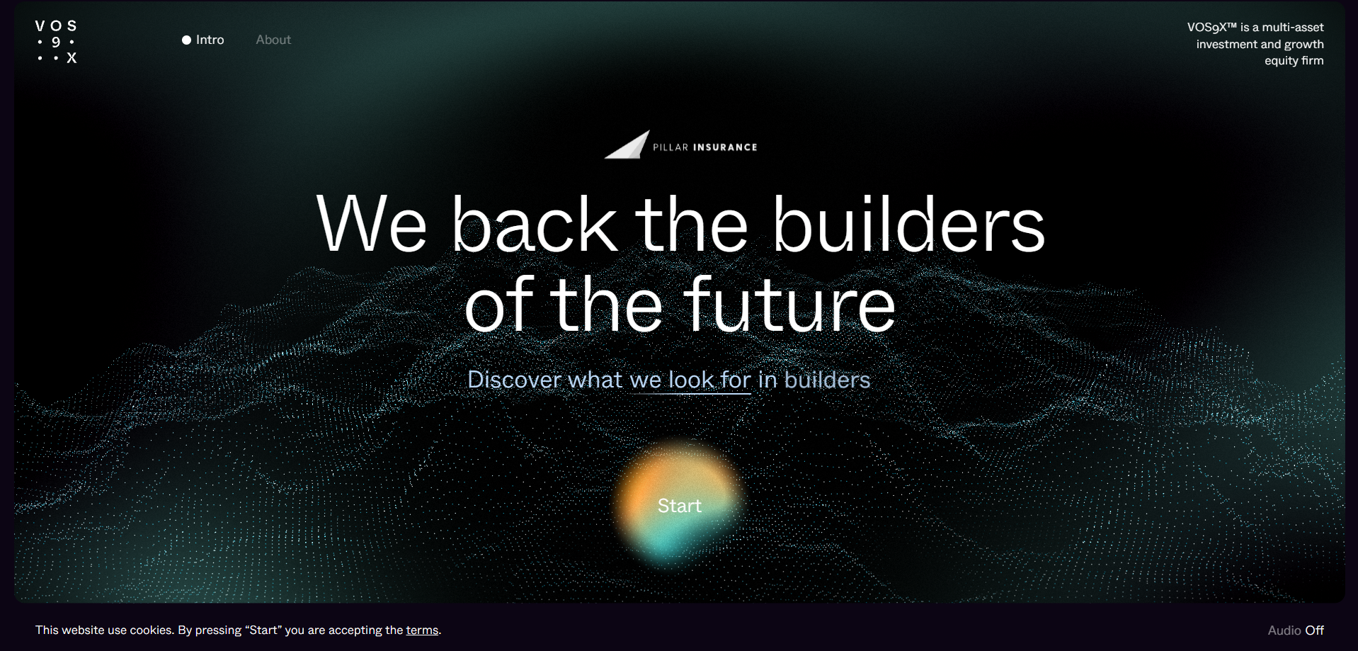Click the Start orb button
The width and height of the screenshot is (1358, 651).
click(679, 505)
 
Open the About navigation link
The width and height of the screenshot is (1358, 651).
click(273, 40)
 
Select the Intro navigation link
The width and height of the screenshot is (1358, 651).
click(210, 40)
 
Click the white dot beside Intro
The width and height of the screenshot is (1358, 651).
click(186, 40)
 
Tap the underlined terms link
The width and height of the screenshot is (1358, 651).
click(422, 630)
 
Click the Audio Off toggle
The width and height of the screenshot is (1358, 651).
click(1296, 630)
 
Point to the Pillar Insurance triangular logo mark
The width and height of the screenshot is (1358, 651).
click(627, 145)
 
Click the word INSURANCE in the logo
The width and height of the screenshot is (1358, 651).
click(725, 147)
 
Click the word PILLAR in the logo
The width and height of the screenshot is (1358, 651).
click(671, 147)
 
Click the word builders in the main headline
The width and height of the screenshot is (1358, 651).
click(908, 224)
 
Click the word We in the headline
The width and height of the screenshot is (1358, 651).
click(372, 224)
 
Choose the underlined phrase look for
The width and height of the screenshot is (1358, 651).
click(709, 380)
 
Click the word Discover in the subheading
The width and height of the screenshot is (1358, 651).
click(515, 380)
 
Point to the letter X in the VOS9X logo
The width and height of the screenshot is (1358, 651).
click(72, 58)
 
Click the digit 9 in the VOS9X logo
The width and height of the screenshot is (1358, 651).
click(56, 42)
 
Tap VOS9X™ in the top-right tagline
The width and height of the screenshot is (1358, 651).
click(1212, 27)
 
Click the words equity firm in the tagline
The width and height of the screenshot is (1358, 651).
click(1294, 60)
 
